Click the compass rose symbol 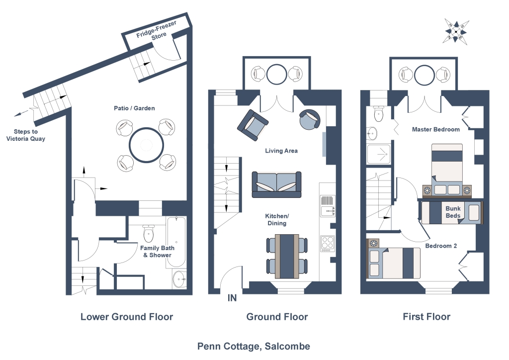455,31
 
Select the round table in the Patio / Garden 147,145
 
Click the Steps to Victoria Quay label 26,135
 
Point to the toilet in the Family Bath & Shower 148,233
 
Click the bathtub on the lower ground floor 176,242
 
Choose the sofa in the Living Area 276,184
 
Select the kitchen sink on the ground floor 328,206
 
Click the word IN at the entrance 232,298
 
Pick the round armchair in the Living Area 309,119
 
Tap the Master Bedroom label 435,129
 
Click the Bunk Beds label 453,212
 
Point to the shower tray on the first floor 378,154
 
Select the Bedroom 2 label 441,246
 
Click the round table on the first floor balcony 424,75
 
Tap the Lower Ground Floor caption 127,317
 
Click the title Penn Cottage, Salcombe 254,347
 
